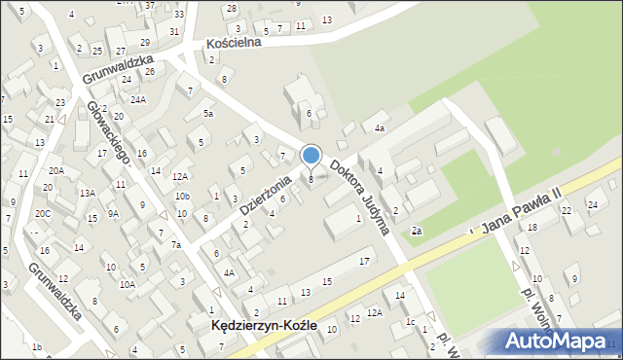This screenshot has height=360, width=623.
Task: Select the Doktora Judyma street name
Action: pos(360,198)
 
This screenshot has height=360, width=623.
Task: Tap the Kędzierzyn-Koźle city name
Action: pos(263,327)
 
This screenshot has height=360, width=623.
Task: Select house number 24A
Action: pos(138,99)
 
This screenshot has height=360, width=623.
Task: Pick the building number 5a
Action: pos(207,114)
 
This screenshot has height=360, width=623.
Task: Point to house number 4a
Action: pos(381,127)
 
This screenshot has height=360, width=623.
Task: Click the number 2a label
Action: pos(416,231)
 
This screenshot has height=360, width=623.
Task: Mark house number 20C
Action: pos(43,213)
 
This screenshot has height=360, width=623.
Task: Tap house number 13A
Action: pos(88,193)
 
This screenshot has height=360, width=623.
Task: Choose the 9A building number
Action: pos(114,213)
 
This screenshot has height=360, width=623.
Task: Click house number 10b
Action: pos(182,196)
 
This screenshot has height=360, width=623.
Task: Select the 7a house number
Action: pos(176,244)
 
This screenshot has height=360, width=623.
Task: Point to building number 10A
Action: pos(127,284)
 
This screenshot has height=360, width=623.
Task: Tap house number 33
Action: pos(178,15)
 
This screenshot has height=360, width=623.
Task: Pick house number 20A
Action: pos(56,170)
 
